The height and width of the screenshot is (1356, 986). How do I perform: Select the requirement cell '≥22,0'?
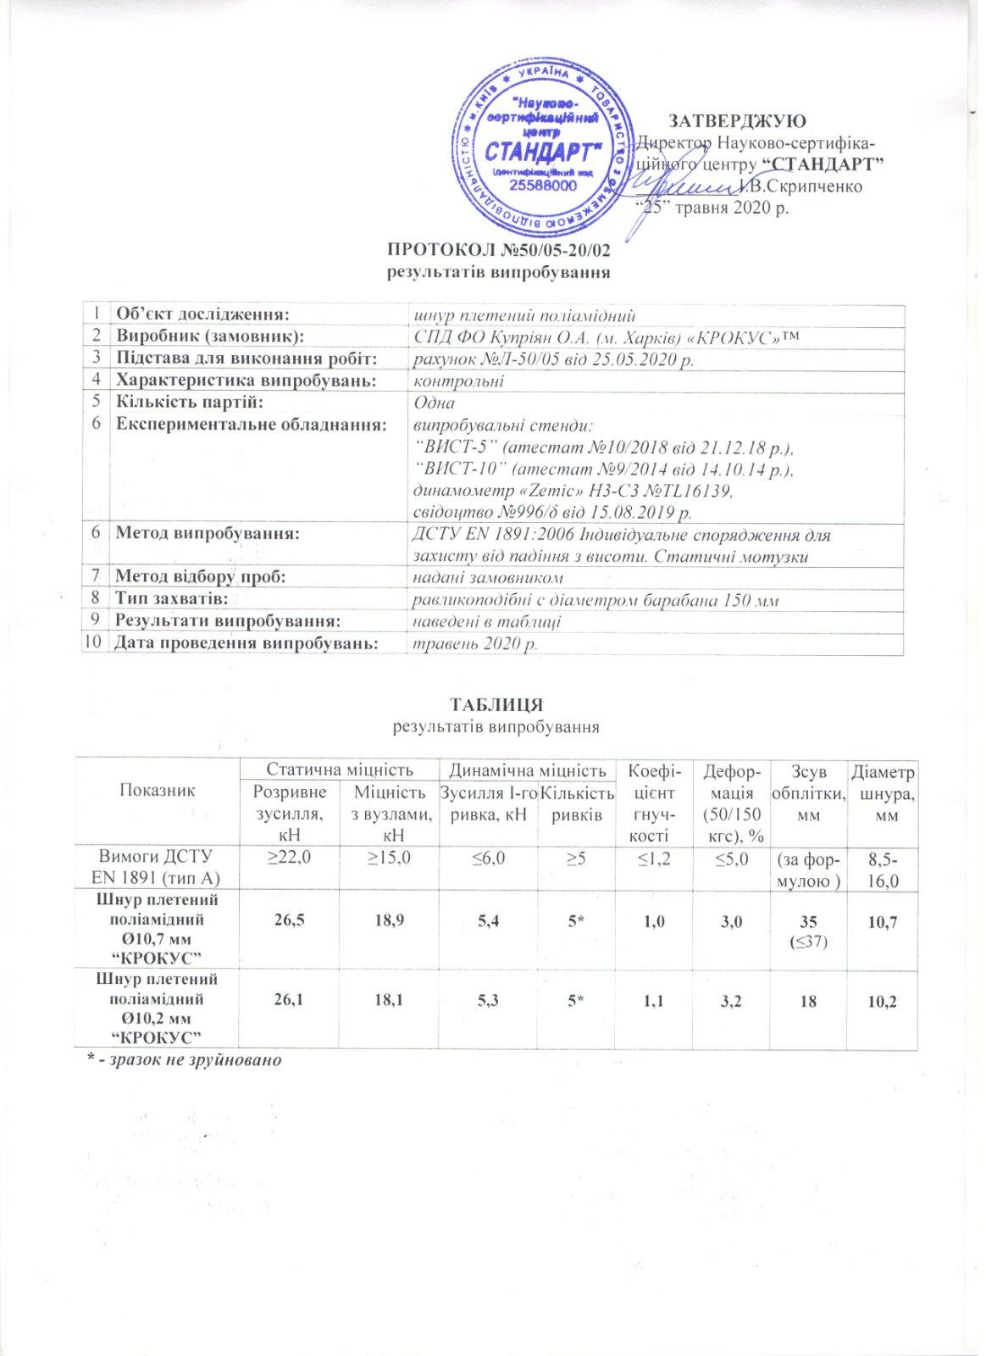290,857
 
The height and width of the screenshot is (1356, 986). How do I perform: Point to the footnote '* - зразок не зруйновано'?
185,1060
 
